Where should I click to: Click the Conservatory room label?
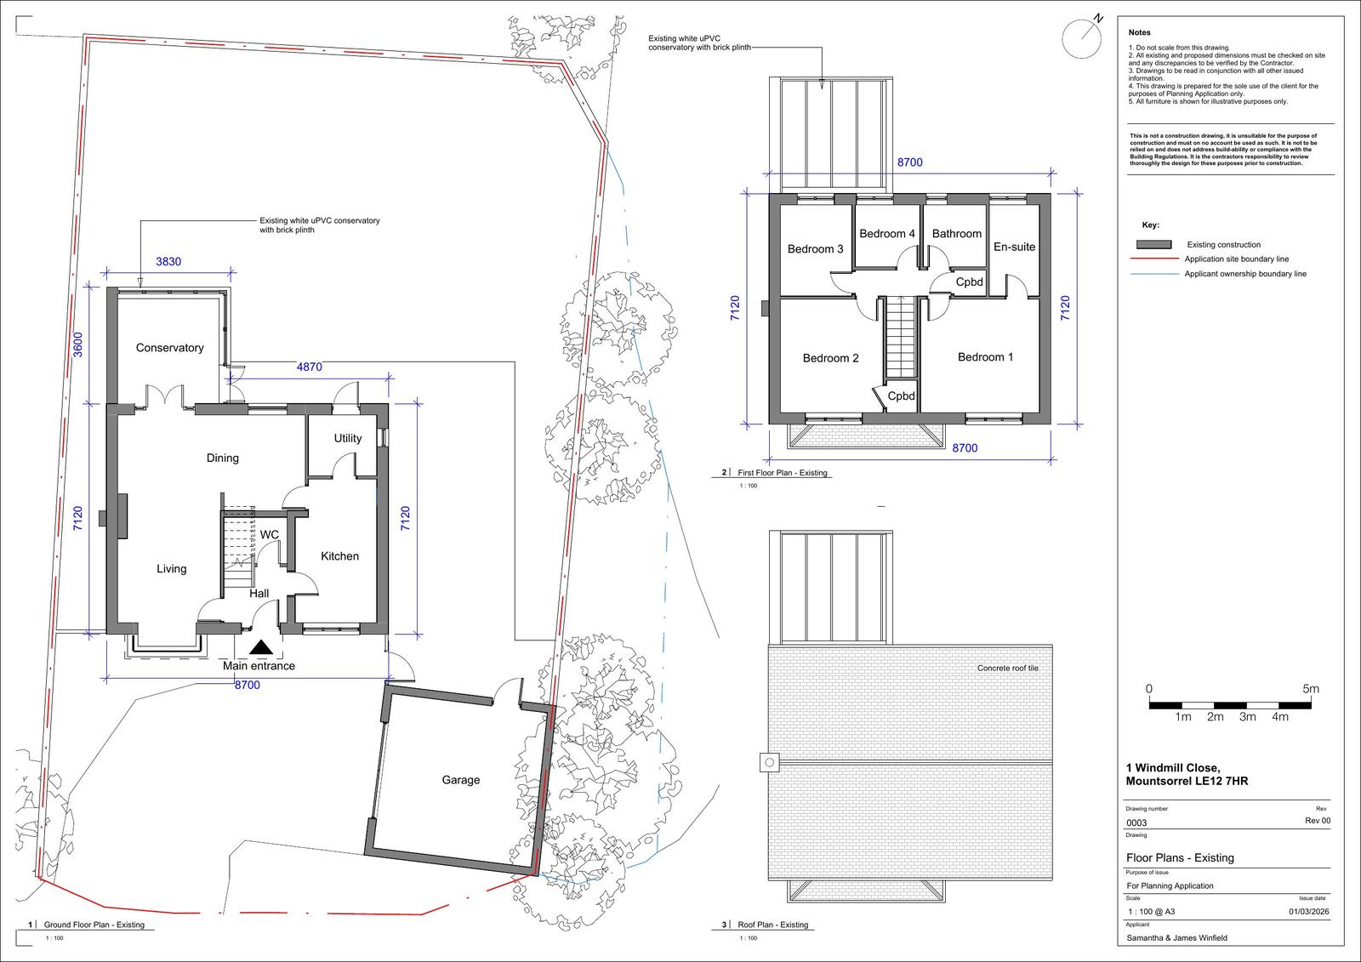click(169, 348)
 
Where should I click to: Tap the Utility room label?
click(348, 438)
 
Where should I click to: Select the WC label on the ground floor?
click(269, 535)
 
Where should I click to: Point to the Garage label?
click(460, 780)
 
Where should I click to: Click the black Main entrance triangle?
click(261, 648)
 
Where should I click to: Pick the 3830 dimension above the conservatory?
click(168, 261)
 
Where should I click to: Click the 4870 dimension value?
click(310, 367)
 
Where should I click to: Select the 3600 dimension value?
click(77, 344)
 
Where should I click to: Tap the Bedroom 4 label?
click(887, 233)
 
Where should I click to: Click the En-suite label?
click(1014, 247)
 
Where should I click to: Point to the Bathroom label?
click(956, 233)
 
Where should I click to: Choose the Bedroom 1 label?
click(986, 356)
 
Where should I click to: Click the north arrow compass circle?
click(1081, 39)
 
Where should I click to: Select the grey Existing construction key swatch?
click(1153, 244)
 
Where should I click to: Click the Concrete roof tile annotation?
click(1008, 668)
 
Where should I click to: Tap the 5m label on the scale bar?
click(1311, 688)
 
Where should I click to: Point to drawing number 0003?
click(1136, 823)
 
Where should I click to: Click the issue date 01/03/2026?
click(1309, 912)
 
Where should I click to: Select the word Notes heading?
click(1139, 32)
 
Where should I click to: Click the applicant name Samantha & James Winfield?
click(1177, 937)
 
